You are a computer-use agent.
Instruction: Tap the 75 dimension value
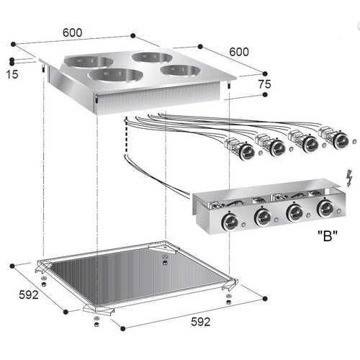coord(264,85)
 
